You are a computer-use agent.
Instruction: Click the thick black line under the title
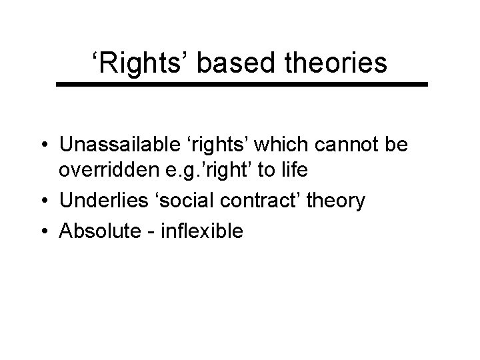pyautogui.click(x=241, y=85)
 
